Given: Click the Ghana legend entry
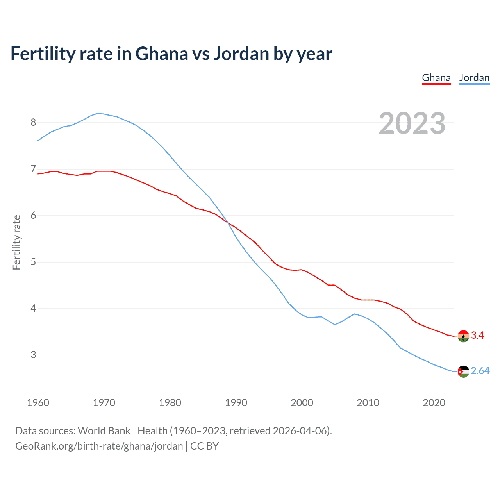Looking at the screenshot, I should (x=436, y=78).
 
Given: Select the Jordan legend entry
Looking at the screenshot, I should (x=474, y=78).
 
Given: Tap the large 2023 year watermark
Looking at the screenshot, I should (x=412, y=123).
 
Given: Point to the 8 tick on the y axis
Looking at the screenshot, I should (x=33, y=123).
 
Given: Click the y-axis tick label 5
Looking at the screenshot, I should (x=33, y=262).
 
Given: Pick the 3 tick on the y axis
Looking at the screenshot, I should (x=33, y=355).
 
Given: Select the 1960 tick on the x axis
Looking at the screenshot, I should (x=38, y=403).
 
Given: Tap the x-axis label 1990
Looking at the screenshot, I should (x=236, y=403).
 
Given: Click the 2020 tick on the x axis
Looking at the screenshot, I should (x=434, y=403).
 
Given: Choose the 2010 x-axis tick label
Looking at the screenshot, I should (x=368, y=403).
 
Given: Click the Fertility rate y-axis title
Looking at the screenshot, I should (x=16, y=242).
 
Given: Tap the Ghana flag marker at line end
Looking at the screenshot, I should (x=463, y=336).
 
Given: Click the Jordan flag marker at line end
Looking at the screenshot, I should (x=463, y=371).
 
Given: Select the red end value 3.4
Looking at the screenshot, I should (x=477, y=336).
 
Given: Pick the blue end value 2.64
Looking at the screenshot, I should (x=480, y=371).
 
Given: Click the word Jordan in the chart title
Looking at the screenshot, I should (x=241, y=54).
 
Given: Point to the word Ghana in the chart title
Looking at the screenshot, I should (x=161, y=54).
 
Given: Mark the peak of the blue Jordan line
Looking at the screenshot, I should (x=97, y=113).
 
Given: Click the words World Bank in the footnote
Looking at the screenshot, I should (x=104, y=431).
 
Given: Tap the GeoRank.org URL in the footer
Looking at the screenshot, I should (x=99, y=446).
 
